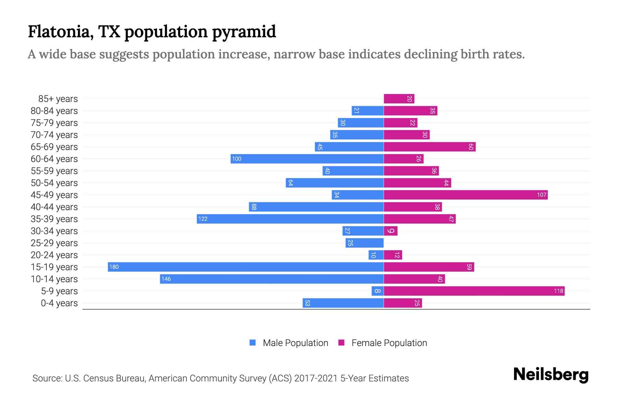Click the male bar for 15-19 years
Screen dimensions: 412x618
(x=245, y=267)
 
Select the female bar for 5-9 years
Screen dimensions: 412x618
(x=474, y=291)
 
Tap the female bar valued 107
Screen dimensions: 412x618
(x=465, y=195)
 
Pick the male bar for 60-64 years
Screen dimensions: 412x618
(x=307, y=159)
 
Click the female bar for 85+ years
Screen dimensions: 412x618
(x=399, y=99)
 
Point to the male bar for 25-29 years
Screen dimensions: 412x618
(x=365, y=243)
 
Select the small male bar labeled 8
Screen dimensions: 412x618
(x=377, y=291)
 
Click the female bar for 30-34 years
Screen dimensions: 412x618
(x=391, y=231)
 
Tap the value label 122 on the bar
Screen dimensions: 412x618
(x=203, y=219)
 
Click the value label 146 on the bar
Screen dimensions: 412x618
(x=166, y=279)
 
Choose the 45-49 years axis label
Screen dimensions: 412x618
(x=54, y=195)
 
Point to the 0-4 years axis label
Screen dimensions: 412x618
(x=59, y=303)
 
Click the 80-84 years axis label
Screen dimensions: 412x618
(x=54, y=111)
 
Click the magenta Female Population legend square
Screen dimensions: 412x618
(x=341, y=343)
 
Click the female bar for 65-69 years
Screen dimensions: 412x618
(x=430, y=147)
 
